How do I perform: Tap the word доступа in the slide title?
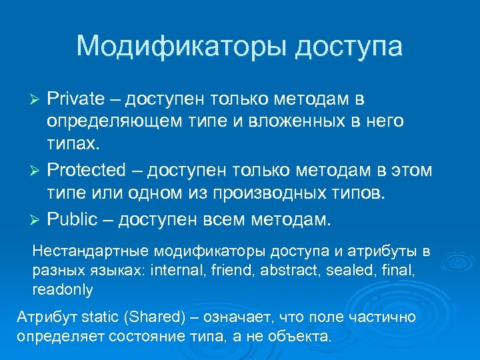[x=347, y=47]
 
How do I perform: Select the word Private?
[x=75, y=99]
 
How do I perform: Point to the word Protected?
[x=86, y=170]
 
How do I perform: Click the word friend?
[x=229, y=271]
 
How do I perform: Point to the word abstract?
[x=281, y=271]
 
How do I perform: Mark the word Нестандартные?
[x=91, y=252]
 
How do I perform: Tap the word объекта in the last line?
[x=301, y=336]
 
